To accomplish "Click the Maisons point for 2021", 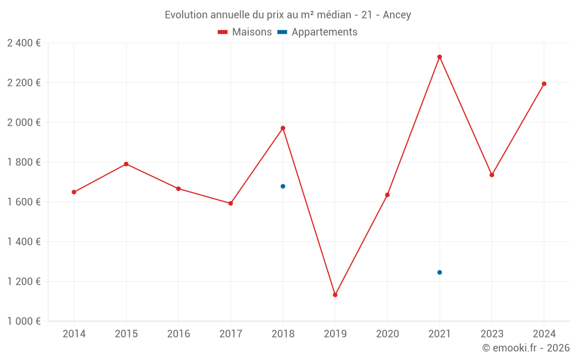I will (x=439, y=57).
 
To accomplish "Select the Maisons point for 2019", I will (x=335, y=295).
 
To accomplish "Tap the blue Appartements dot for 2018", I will (x=283, y=186).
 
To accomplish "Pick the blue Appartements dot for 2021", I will (x=439, y=272).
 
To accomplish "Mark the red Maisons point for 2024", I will (x=544, y=84).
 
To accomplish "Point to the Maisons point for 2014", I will (x=74, y=192).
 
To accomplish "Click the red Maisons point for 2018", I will (x=283, y=128).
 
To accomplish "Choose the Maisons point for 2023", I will (x=492, y=175).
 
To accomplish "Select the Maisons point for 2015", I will (x=126, y=164).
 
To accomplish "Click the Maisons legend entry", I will (x=245, y=32).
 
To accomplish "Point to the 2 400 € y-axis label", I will (x=24, y=43).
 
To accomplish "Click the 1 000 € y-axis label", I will (x=24, y=321).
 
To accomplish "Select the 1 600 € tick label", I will (x=24, y=202).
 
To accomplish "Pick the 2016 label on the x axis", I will (x=179, y=334).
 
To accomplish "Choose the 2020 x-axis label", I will (x=387, y=334).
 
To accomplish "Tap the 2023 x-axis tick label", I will (x=492, y=334).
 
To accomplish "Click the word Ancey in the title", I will (x=397, y=15).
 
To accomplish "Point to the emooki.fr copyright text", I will (x=526, y=348).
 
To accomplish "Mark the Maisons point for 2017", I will (x=230, y=203).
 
